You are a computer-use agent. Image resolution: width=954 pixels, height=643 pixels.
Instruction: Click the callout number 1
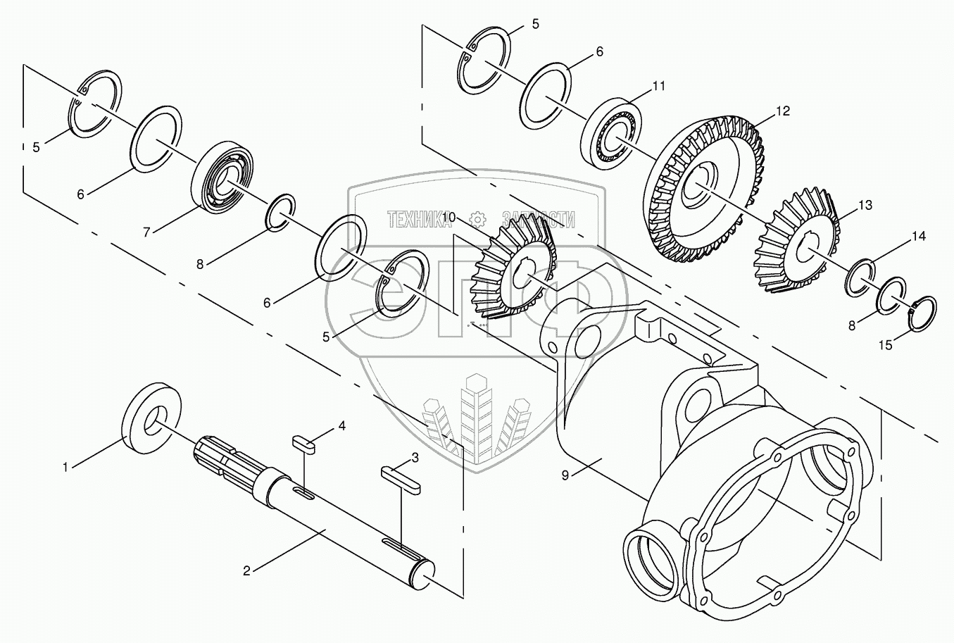point(65,466)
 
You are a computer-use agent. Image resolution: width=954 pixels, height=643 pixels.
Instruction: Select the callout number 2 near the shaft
point(246,570)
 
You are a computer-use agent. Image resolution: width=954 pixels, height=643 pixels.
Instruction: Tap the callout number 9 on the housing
point(565,475)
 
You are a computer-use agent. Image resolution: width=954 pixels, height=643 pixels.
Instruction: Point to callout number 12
point(783,111)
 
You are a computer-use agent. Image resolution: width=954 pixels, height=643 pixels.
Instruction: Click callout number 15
point(885,345)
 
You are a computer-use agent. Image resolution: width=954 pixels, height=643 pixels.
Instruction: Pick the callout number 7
point(147,231)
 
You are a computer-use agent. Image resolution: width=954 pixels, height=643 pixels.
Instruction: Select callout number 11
point(658,87)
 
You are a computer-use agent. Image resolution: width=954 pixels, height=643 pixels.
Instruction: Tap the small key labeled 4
point(304,442)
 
